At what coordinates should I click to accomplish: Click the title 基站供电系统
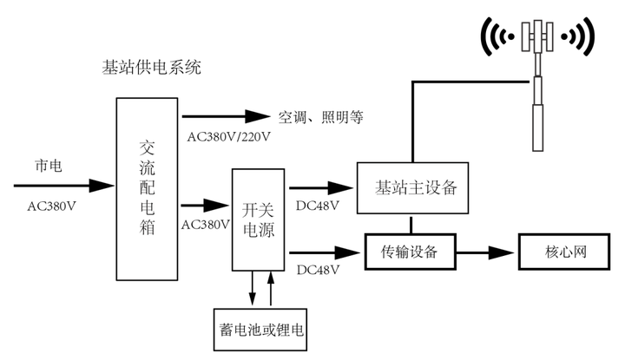pos(151,68)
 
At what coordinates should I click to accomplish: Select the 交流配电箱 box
pos(147,189)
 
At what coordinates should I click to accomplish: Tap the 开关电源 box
pos(259,219)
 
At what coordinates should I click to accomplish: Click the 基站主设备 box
pos(412,188)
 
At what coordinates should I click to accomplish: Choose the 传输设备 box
pos(410,252)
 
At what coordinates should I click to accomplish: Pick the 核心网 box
pos(564,252)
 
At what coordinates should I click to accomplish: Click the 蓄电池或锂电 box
pos(260,330)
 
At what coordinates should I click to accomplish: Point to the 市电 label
pos(49,166)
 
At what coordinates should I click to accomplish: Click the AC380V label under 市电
pos(51,206)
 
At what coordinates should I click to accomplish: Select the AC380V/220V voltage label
pos(229,137)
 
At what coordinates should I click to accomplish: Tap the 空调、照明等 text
pos(321,117)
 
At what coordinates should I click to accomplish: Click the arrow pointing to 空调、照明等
pos(226,116)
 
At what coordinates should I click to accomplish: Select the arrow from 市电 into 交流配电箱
pos(63,186)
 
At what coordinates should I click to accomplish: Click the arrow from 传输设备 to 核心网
pos(485,252)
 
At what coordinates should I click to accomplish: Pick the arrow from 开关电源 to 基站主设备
pos(321,187)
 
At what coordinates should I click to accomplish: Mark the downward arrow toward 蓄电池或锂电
pos(252,288)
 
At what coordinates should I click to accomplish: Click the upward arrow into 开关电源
pos(271,288)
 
